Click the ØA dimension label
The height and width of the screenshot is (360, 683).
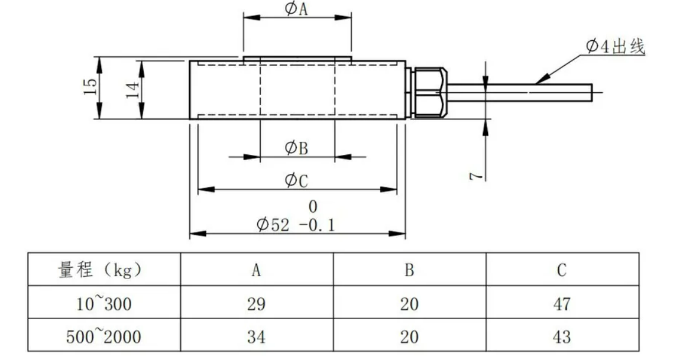pos(297,9)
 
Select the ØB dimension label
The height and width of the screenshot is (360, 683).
pos(296,148)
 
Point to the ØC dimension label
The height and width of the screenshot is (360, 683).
pos(296,180)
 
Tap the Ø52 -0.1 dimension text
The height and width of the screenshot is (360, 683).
pos(296,225)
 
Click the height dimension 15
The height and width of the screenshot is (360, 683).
pos(89,87)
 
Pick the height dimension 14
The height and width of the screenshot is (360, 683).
pos(133,89)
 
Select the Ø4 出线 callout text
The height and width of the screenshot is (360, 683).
pos(614,47)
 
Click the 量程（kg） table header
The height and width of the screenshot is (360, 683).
pos(101,270)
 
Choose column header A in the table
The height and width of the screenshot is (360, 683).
pos(256,270)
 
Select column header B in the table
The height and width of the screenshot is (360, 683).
pos(409,270)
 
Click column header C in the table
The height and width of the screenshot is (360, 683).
pos(562,270)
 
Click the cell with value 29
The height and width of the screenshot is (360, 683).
pos(256,304)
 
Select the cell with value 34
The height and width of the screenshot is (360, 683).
pos(256,337)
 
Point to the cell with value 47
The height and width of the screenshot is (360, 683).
pos(562,304)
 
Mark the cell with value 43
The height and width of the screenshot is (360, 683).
pos(562,337)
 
